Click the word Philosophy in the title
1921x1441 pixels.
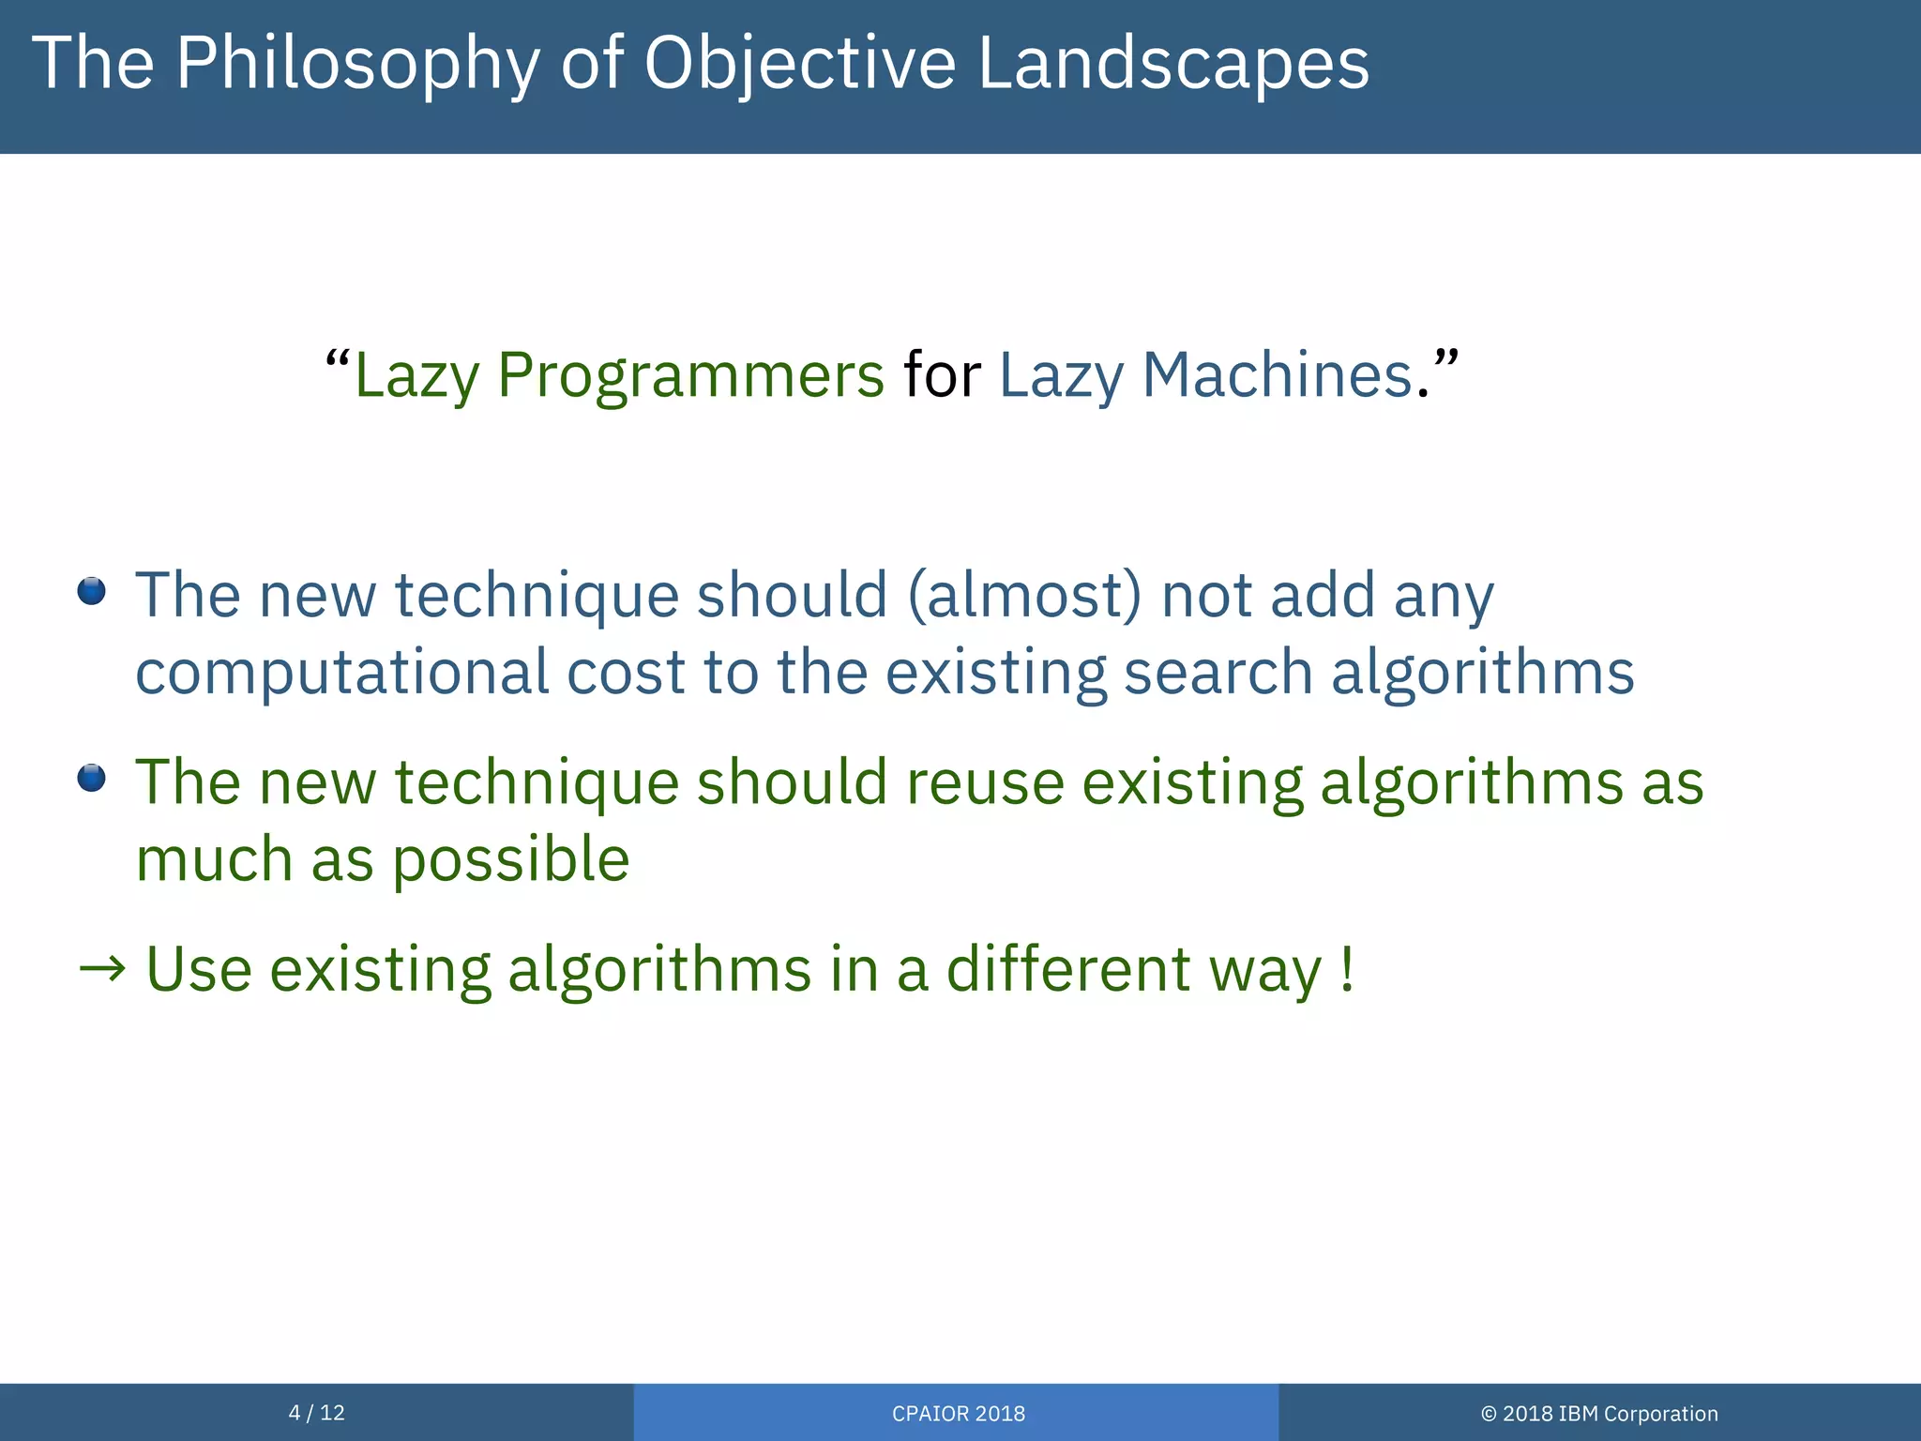(356, 64)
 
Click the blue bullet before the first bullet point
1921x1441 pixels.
(91, 592)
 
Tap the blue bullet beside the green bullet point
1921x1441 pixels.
(91, 778)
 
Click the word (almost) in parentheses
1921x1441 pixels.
(1024, 596)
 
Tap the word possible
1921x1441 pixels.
(510, 860)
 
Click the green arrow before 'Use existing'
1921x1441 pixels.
(102, 969)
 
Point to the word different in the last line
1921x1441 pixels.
(1068, 969)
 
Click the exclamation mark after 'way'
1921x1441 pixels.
(1347, 969)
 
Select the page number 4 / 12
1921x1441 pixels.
(317, 1413)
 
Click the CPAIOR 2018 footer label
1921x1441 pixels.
(958, 1414)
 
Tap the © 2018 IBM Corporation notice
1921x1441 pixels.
(1599, 1414)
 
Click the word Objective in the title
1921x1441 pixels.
(799, 64)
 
